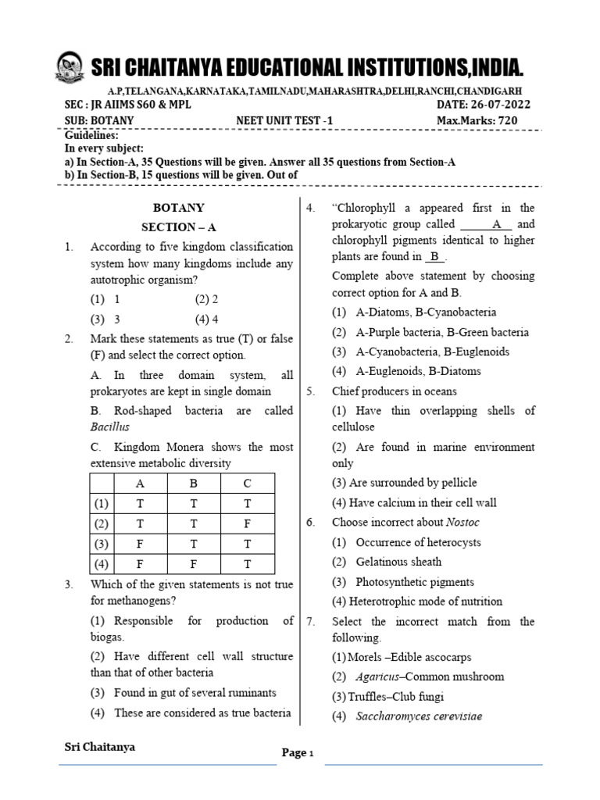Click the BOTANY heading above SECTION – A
point(178,208)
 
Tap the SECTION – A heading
point(178,227)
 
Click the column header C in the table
point(247,483)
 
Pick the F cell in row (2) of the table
point(247,523)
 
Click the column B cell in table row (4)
point(193,563)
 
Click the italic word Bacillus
point(110,427)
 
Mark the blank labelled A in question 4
point(495,224)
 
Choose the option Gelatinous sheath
point(398,562)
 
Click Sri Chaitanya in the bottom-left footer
point(99,747)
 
